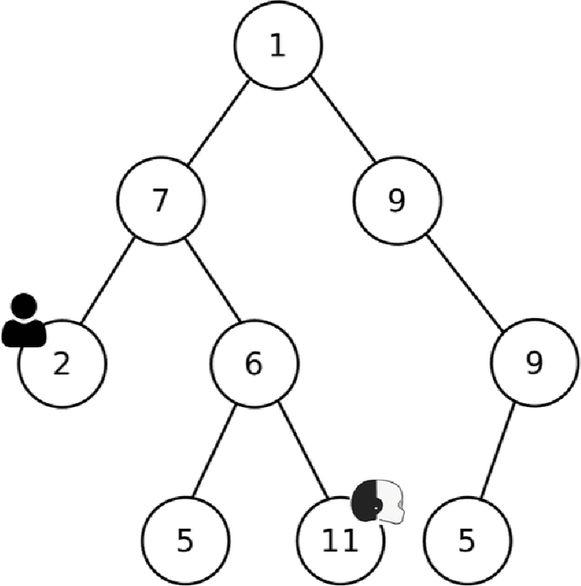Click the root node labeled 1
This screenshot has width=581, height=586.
278,46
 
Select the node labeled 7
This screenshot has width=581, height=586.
161,201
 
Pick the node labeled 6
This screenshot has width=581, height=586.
254,364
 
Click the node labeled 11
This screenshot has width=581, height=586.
340,541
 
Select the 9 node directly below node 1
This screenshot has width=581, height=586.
397,201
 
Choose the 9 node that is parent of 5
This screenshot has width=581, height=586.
534,364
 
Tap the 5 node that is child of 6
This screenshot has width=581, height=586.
185,541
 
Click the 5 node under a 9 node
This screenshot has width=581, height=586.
467,541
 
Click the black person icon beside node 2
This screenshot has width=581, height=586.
24,322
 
